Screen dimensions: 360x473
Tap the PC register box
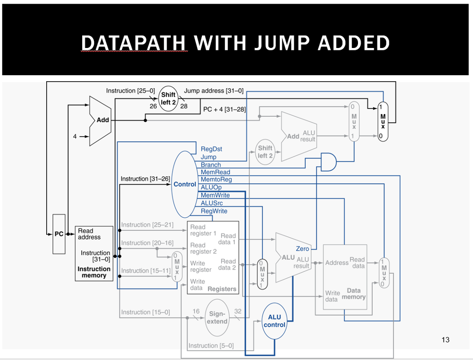pos(59,234)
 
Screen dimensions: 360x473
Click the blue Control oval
pos(185,184)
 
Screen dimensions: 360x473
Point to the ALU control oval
pos(274,321)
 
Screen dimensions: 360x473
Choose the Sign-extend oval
pos(217,317)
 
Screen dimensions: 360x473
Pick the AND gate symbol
pos(328,162)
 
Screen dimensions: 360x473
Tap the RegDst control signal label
pos(211,149)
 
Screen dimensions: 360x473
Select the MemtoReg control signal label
pos(216,180)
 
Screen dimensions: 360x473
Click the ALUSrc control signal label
pos(212,203)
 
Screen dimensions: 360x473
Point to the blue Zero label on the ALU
pos(303,249)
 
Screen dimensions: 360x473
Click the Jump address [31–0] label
pos(213,91)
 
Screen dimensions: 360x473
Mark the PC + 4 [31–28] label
pos(224,109)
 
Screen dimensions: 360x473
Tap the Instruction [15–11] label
pos(146,270)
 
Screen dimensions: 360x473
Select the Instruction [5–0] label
pos(211,346)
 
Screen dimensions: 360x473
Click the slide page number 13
pos(445,340)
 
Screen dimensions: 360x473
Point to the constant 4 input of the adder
pos(75,137)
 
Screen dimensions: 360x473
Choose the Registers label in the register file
pos(222,289)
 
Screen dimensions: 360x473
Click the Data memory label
pos(353,294)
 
